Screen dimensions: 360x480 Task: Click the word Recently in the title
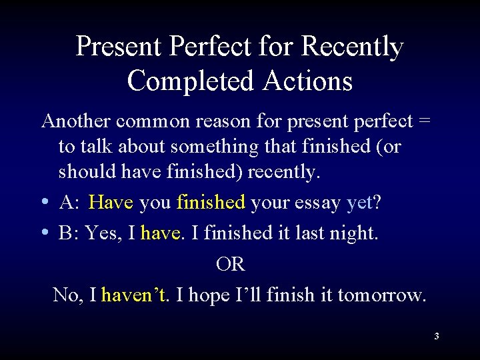(353, 47)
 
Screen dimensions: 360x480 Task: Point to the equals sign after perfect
(425, 121)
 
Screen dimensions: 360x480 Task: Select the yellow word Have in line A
(111, 203)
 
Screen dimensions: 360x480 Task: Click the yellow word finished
(211, 203)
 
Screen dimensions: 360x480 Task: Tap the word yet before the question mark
(359, 203)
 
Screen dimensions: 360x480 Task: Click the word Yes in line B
(100, 233)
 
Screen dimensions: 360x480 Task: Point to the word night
(353, 233)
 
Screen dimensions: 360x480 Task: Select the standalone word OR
(231, 264)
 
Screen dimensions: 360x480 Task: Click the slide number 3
(436, 337)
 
